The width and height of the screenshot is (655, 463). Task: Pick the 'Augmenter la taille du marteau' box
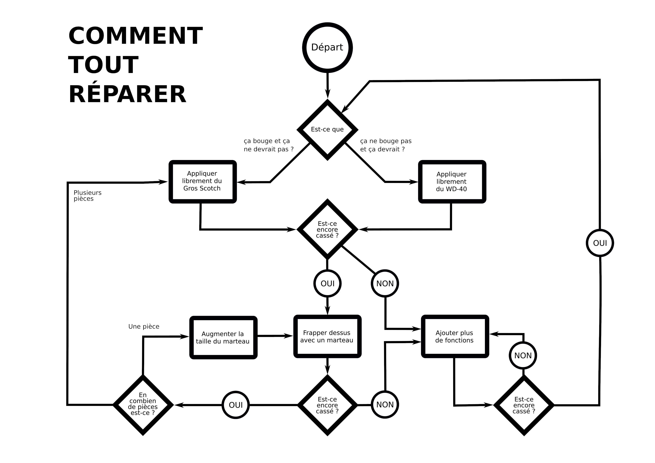223,338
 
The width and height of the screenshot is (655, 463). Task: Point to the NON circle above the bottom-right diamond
523,355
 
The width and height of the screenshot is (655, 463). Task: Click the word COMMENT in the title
136,36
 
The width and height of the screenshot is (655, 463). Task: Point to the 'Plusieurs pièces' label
87,196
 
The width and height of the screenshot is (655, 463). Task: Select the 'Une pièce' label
144,326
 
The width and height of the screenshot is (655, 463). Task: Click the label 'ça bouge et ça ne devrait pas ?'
268,145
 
